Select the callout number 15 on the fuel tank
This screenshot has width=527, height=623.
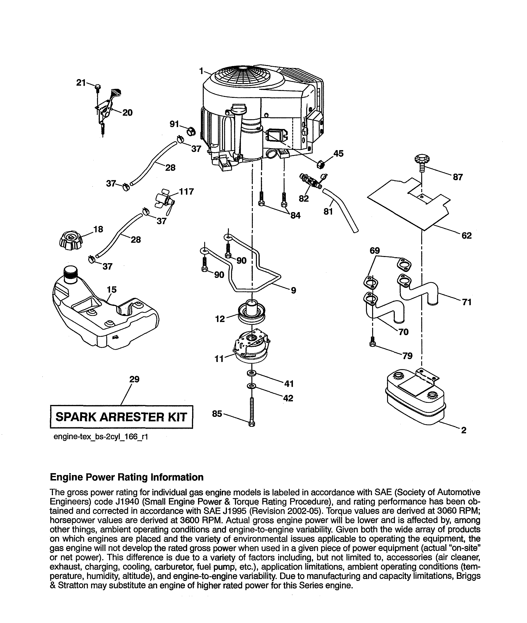pos(112,290)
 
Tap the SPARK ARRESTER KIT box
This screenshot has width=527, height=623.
pos(121,417)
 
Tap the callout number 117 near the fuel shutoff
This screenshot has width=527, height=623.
pos(186,191)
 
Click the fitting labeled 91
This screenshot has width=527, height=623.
pos(190,131)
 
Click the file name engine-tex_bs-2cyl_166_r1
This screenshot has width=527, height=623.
pos(101,437)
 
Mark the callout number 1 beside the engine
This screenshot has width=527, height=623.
pos(201,71)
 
